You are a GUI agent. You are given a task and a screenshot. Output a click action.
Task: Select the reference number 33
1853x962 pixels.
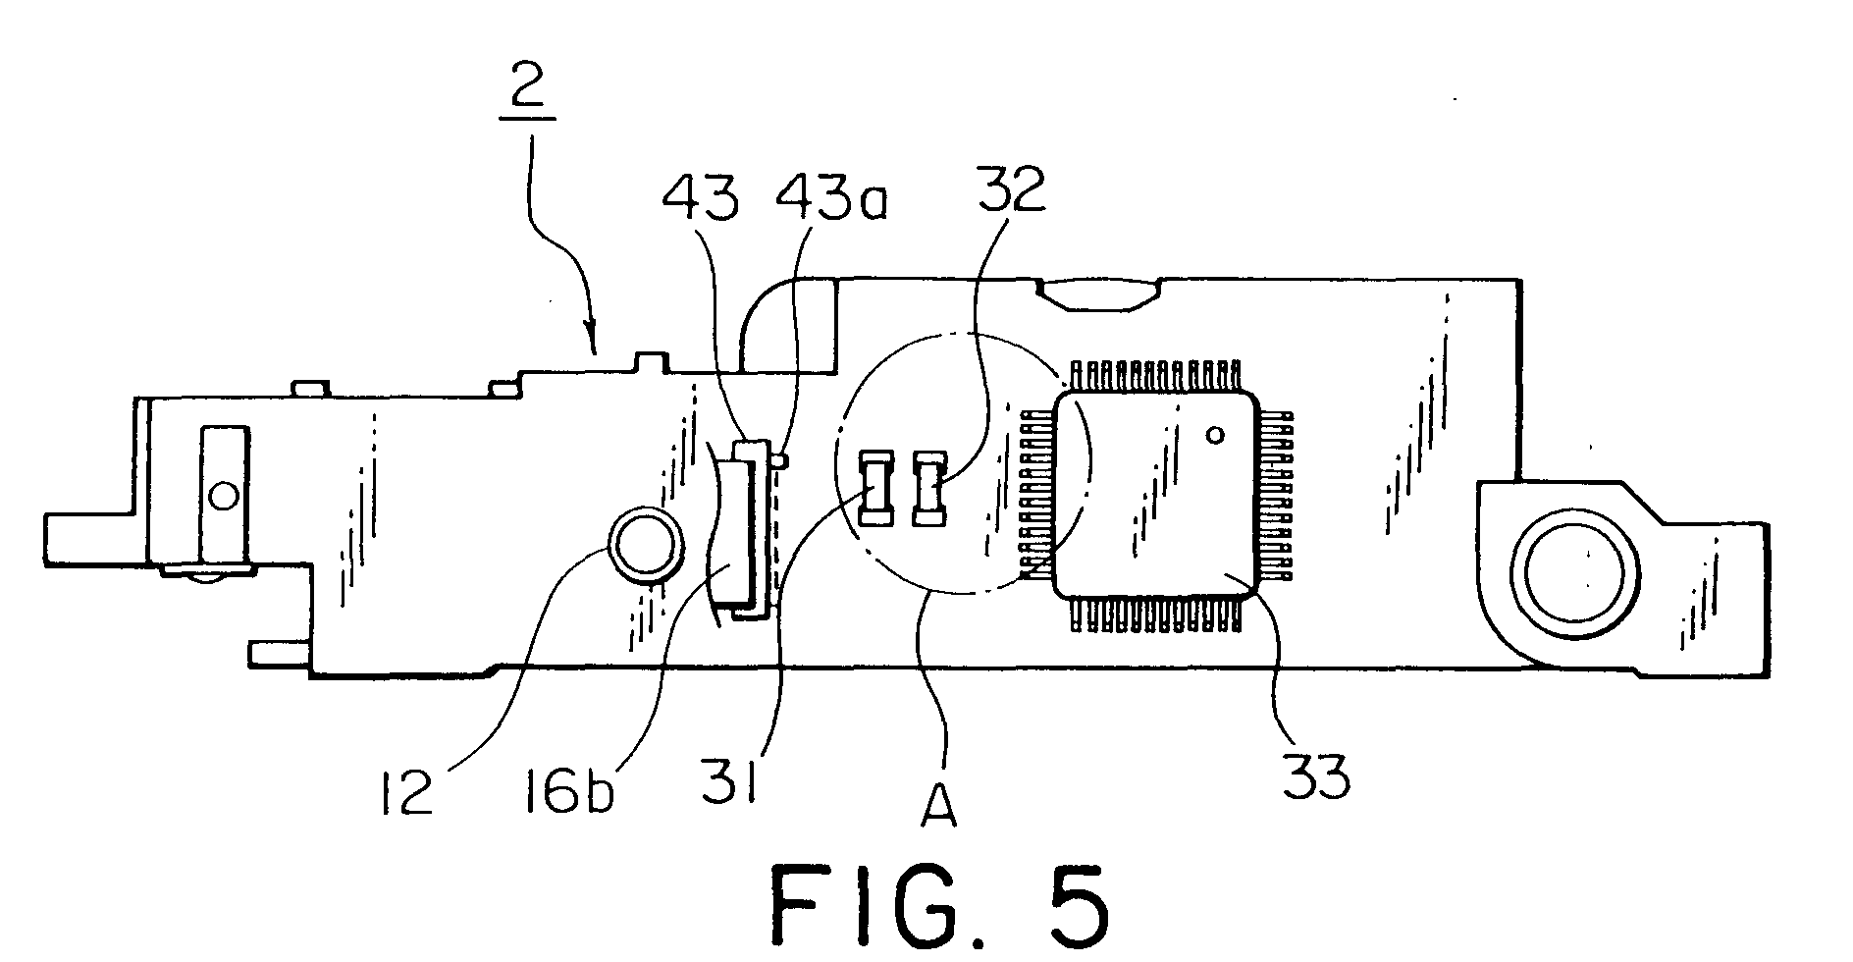click(x=1316, y=776)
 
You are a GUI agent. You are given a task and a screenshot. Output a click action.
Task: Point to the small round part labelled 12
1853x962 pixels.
click(x=646, y=544)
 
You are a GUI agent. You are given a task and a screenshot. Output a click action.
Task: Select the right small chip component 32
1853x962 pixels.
click(x=927, y=487)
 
